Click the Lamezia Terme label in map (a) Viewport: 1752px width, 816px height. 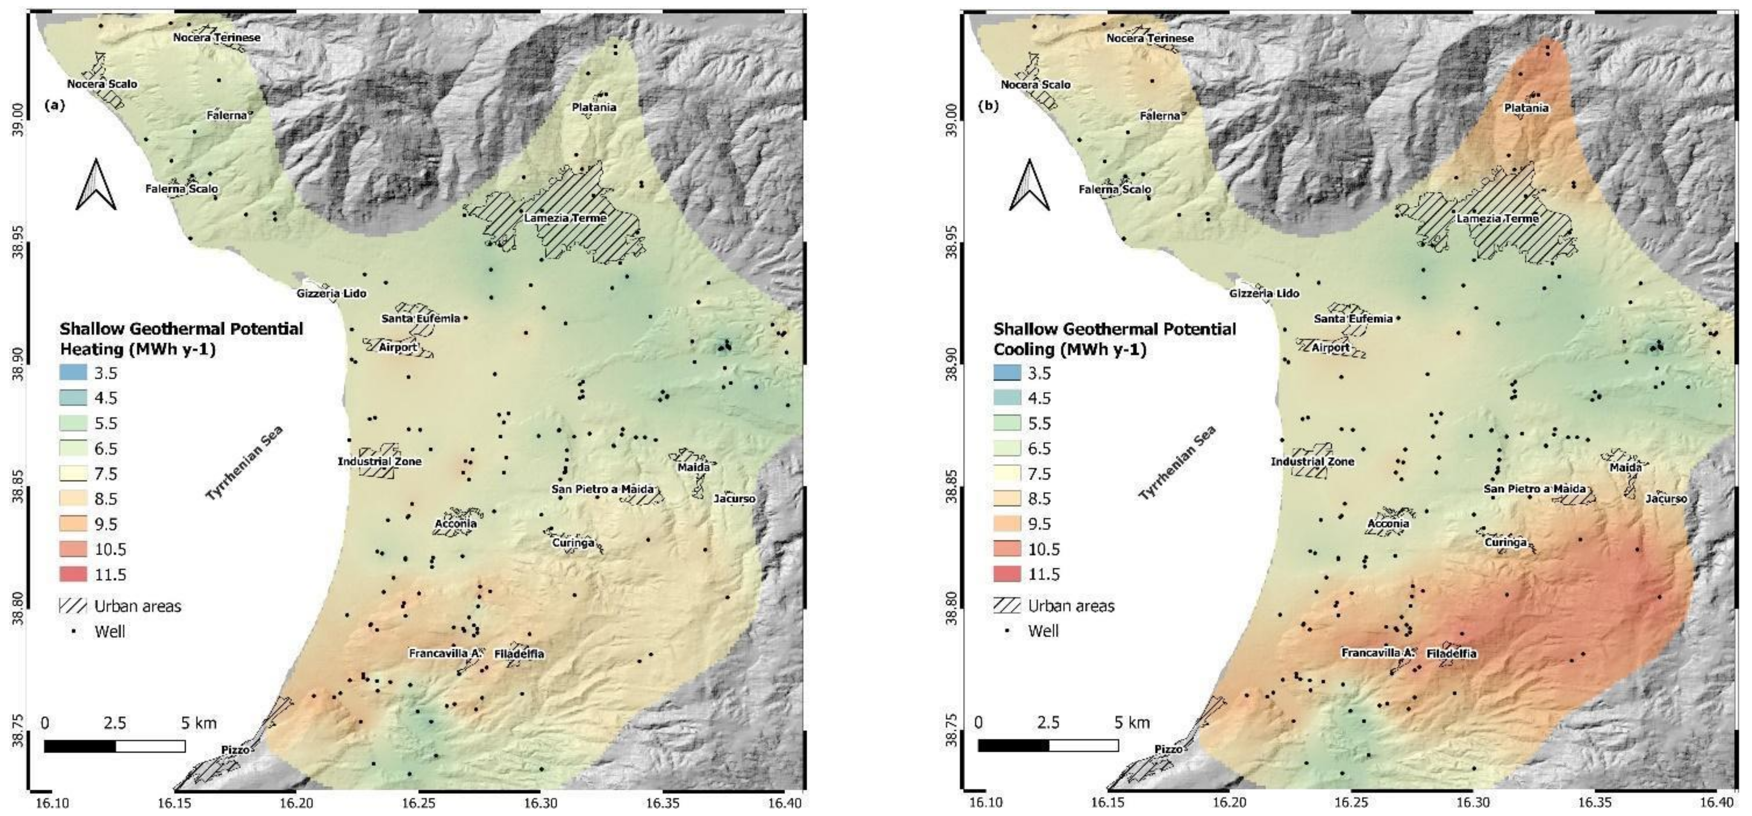(565, 219)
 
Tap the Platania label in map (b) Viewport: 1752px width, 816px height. (1527, 108)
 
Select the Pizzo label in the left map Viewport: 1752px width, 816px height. (235, 749)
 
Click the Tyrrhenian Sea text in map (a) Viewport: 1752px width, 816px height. (244, 463)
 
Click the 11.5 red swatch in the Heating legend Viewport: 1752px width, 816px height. (73, 574)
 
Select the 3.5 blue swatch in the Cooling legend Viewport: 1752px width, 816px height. (1007, 373)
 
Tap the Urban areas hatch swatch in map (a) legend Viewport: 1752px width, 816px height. (73, 606)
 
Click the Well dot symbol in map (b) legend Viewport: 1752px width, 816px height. (1007, 631)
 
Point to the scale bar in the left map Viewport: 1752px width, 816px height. (114, 746)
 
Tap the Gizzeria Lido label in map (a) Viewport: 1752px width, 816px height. (331, 293)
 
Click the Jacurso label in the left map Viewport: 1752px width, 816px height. (734, 499)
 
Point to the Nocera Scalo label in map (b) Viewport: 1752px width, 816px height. (1035, 85)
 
